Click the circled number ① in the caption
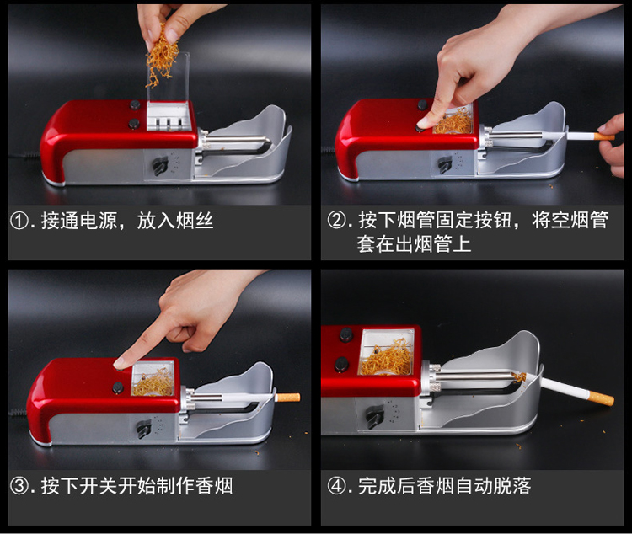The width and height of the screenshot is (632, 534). tap(19, 221)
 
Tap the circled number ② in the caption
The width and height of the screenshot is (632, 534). tap(335, 220)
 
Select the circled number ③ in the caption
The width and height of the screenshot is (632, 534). tap(19, 486)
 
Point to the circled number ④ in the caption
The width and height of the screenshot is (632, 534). tap(335, 486)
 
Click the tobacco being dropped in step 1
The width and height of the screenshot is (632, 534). tap(162, 56)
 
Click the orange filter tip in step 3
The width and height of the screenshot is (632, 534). tap(288, 398)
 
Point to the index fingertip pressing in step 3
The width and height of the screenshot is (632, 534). tap(120, 364)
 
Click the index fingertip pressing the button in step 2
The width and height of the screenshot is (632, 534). tap(423, 124)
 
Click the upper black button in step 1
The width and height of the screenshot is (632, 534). tap(135, 105)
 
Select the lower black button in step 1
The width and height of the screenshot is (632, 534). tap(134, 124)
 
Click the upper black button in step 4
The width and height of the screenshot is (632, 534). tap(346, 334)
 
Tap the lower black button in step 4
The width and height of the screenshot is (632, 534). tap(343, 364)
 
